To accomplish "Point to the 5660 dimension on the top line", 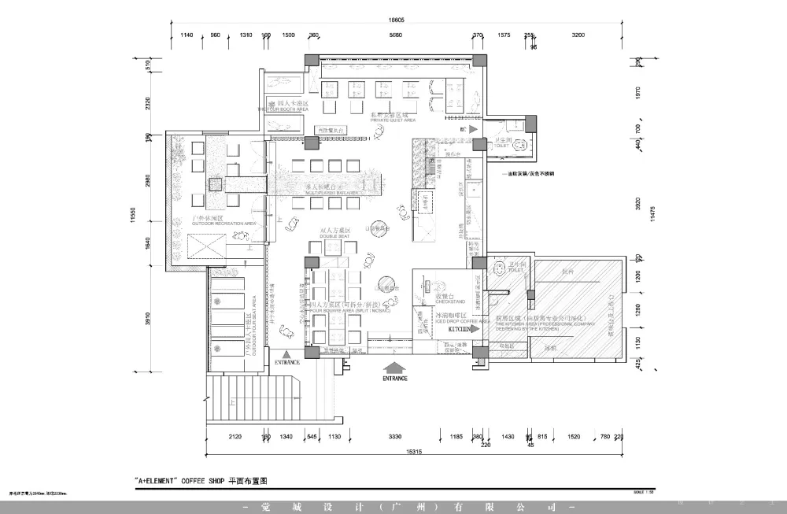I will click(395, 35).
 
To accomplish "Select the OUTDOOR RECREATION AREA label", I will click(213, 224).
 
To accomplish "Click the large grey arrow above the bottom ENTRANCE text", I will click(395, 366).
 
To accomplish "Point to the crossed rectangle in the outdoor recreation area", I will click(205, 252).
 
